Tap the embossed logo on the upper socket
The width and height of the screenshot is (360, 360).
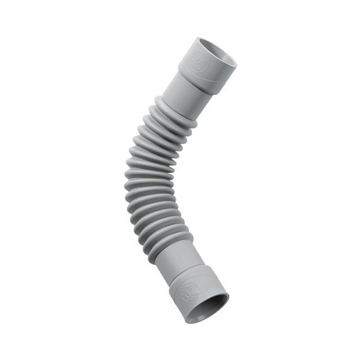point(200,61)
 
